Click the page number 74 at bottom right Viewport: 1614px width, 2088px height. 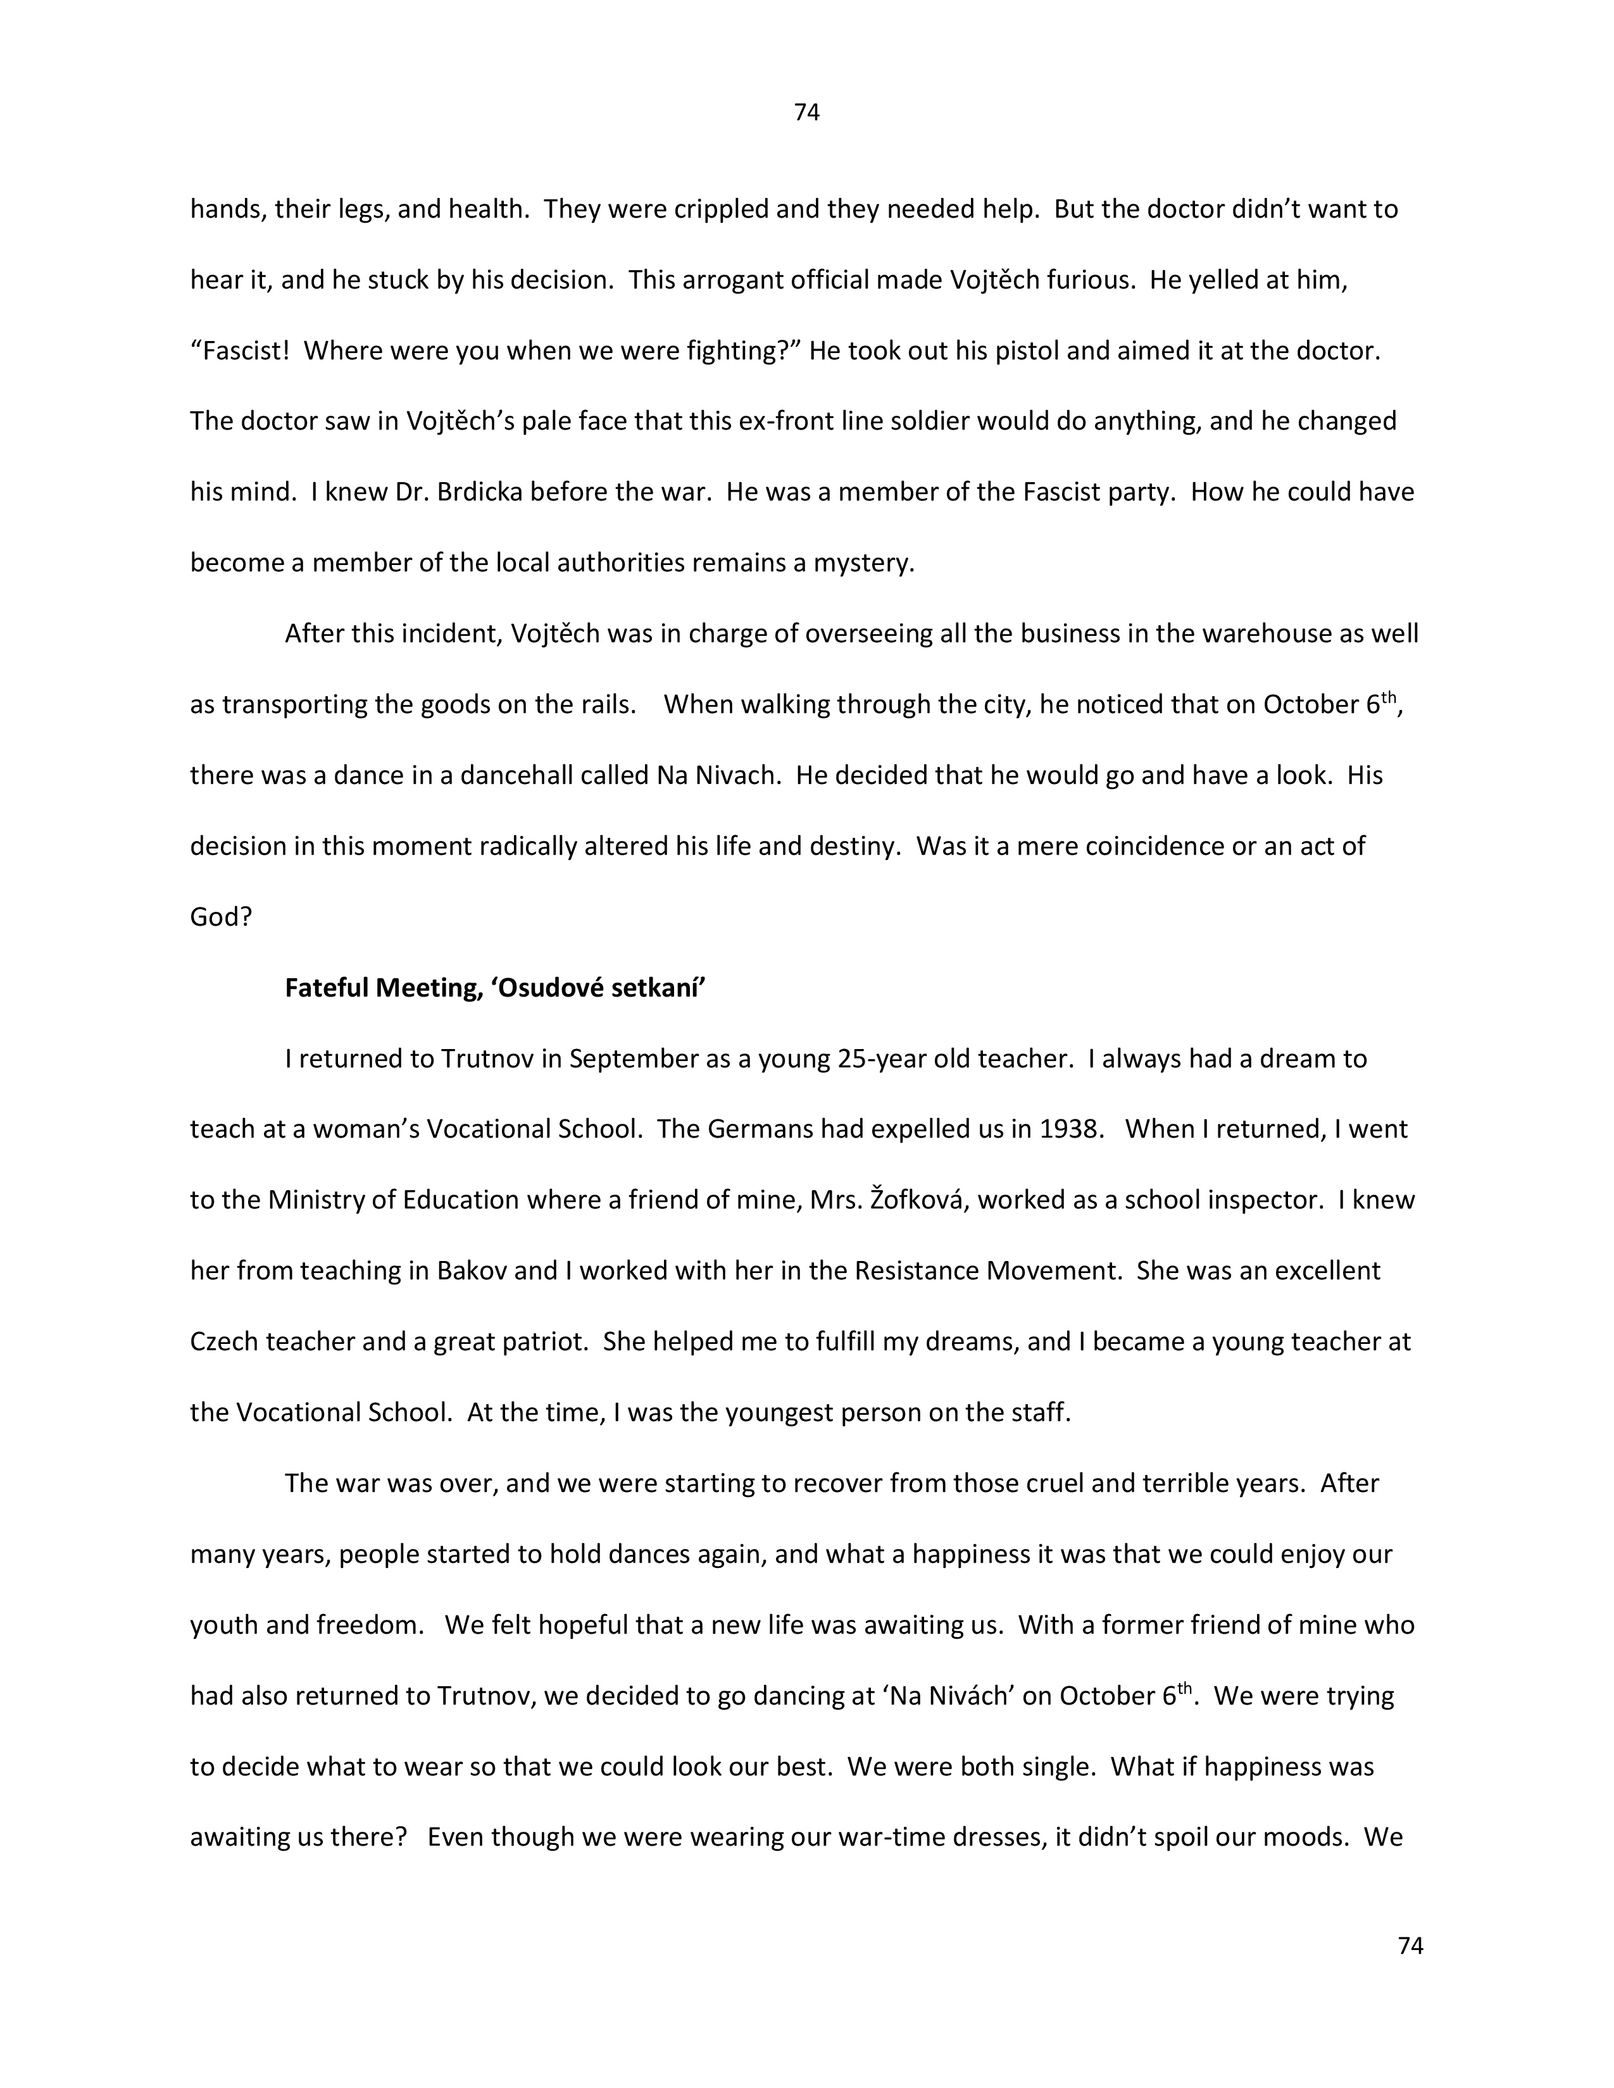point(1410,1946)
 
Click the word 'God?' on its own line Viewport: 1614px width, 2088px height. point(221,917)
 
